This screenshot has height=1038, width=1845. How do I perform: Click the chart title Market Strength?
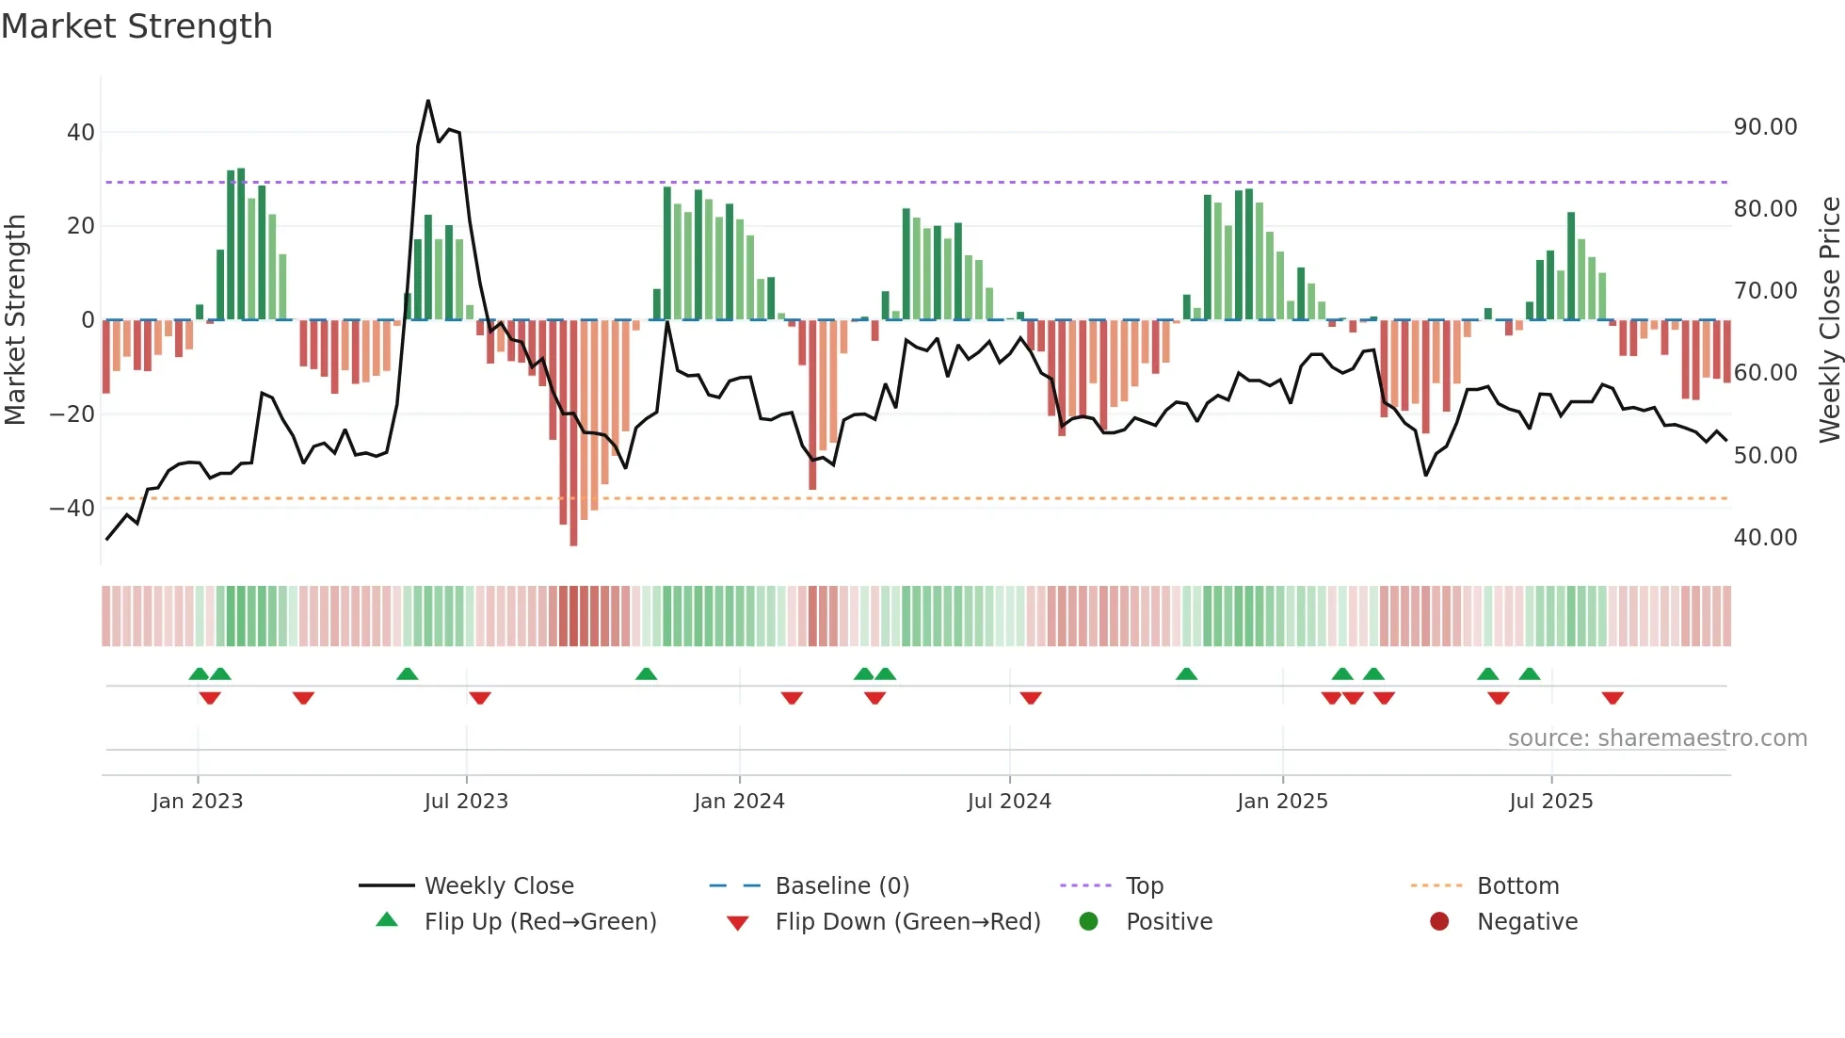pyautogui.click(x=136, y=26)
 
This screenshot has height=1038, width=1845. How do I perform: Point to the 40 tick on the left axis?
pyautogui.click(x=81, y=133)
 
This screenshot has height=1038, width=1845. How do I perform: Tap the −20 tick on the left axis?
pyautogui.click(x=72, y=414)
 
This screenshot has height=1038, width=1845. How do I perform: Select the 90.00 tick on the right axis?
pyautogui.click(x=1765, y=127)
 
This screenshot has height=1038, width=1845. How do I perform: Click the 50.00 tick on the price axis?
pyautogui.click(x=1765, y=456)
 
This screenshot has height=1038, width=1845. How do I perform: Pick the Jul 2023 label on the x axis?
pyautogui.click(x=466, y=802)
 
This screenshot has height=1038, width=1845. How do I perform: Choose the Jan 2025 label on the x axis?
pyautogui.click(x=1282, y=802)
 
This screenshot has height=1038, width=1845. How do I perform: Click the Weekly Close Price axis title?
pyautogui.click(x=1829, y=319)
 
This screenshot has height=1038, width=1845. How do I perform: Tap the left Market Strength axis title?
pyautogui.click(x=15, y=319)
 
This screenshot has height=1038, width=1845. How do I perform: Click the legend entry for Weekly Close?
pyautogui.click(x=498, y=886)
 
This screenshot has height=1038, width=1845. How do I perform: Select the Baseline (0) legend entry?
pyautogui.click(x=842, y=886)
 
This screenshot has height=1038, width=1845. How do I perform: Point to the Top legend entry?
pyautogui.click(x=1144, y=886)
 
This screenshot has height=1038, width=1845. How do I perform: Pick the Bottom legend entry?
pyautogui.click(x=1517, y=886)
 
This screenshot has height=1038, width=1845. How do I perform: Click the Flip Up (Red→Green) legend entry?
pyautogui.click(x=539, y=922)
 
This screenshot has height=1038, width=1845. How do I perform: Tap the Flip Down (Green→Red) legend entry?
pyautogui.click(x=907, y=922)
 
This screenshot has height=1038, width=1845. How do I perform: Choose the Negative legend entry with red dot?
pyautogui.click(x=1527, y=922)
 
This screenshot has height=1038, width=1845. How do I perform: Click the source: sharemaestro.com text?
pyautogui.click(x=1657, y=738)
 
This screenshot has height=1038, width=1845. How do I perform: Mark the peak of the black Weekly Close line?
pyautogui.click(x=428, y=101)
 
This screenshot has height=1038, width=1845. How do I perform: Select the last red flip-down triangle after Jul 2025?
pyautogui.click(x=1612, y=698)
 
